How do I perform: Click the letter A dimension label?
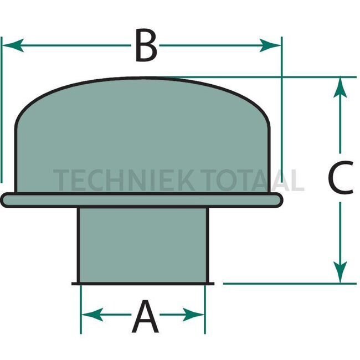(145, 316)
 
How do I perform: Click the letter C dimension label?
(340, 178)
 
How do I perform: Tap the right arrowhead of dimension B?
(271, 45)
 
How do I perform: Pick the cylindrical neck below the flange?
(143, 244)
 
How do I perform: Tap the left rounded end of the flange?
(6, 199)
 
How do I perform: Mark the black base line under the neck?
(143, 283)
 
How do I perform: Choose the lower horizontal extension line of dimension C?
(288, 283)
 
